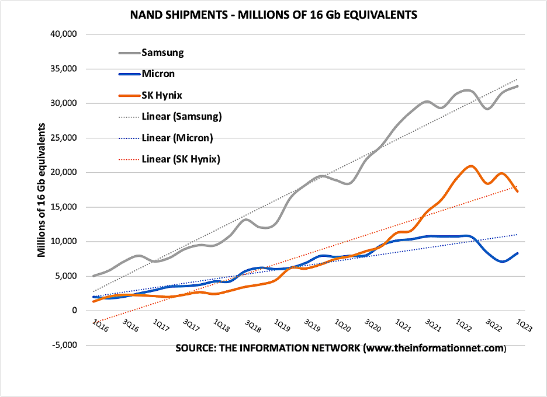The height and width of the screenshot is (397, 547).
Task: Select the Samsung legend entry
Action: pyautogui.click(x=162, y=53)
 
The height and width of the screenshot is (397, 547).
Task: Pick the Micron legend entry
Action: pyautogui.click(x=158, y=74)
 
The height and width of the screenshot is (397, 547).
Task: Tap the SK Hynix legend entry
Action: pyautogui.click(x=163, y=95)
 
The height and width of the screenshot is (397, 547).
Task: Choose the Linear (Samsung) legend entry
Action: pyautogui.click(x=181, y=116)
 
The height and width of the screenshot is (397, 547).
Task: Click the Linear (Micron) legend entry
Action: pyautogui.click(x=177, y=137)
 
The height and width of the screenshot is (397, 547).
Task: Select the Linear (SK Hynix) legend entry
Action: pyautogui.click(x=181, y=158)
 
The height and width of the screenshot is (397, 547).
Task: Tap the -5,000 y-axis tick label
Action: pyautogui.click(x=65, y=345)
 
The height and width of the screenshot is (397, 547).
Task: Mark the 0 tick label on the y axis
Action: pyautogui.click(x=74, y=311)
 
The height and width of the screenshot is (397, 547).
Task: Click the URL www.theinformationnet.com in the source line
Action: pyautogui.click(x=434, y=349)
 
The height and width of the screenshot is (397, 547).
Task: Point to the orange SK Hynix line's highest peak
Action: pyautogui.click(x=471, y=166)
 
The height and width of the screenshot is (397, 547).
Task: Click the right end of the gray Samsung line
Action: pyautogui.click(x=517, y=86)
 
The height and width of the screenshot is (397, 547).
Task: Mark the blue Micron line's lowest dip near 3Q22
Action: pyautogui.click(x=502, y=261)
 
